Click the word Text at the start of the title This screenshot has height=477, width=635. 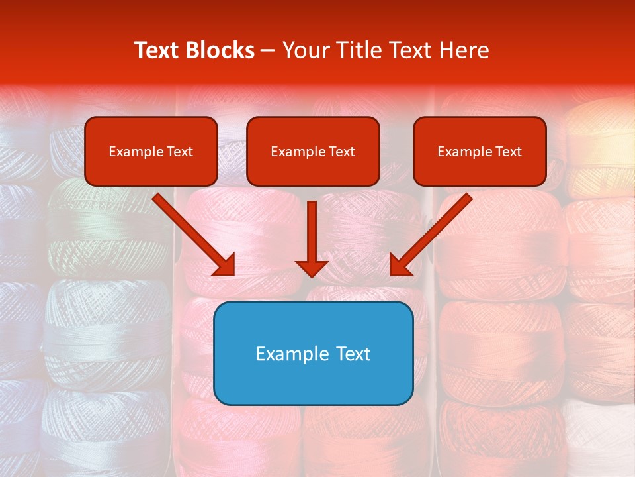coord(158,50)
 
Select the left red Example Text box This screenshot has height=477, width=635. coord(151,151)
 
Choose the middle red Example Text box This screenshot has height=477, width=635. coord(313,151)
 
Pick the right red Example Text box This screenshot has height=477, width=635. coord(480,151)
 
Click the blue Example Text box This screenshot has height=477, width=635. coord(313,353)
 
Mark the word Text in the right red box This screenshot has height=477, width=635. coord(509,152)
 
